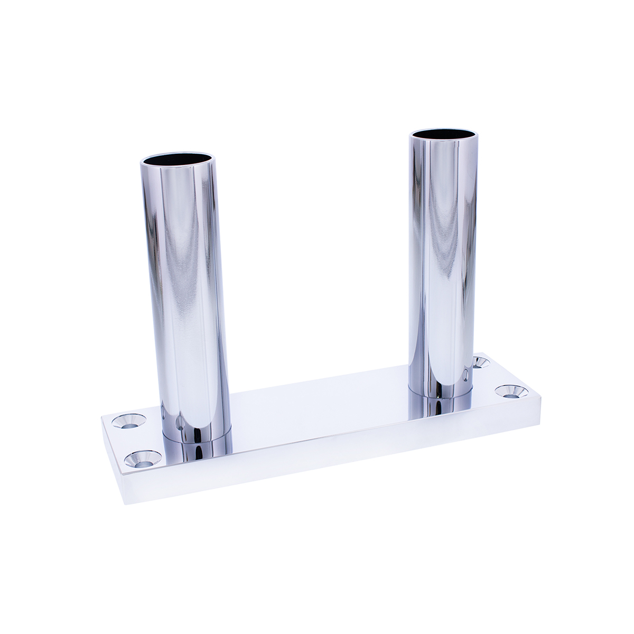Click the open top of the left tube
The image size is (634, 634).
click(x=180, y=160)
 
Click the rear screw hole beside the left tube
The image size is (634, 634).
click(x=129, y=421)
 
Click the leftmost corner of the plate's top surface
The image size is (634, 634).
click(x=102, y=417)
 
